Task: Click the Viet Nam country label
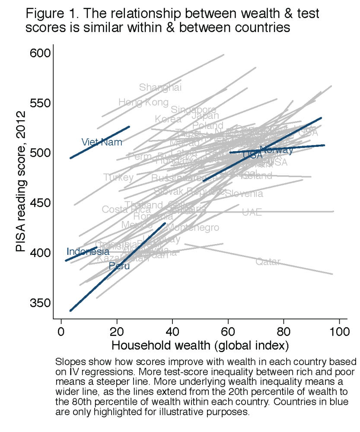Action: pyautogui.click(x=102, y=142)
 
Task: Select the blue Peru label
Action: pyautogui.click(x=119, y=266)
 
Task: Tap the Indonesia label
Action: pyautogui.click(x=88, y=252)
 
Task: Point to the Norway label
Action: pyautogui.click(x=277, y=150)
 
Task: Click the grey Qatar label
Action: pyautogui.click(x=268, y=262)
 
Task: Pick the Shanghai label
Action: pyautogui.click(x=160, y=88)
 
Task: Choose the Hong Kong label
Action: pyautogui.click(x=143, y=102)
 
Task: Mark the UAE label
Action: pyautogui.click(x=252, y=213)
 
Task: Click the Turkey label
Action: pyautogui.click(x=118, y=177)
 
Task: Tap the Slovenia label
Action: pyautogui.click(x=244, y=194)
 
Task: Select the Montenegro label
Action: pyautogui.click(x=193, y=228)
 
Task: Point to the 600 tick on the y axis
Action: pyautogui.click(x=40, y=53)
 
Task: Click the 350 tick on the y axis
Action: pyautogui.click(x=40, y=302)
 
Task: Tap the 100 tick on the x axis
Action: pyautogui.click(x=339, y=333)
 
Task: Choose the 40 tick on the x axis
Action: pyautogui.click(x=172, y=333)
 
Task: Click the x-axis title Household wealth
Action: pyautogui.click(x=200, y=346)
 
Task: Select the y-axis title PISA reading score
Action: pyautogui.click(x=20, y=181)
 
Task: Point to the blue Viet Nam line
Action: pyautogui.click(x=100, y=143)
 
